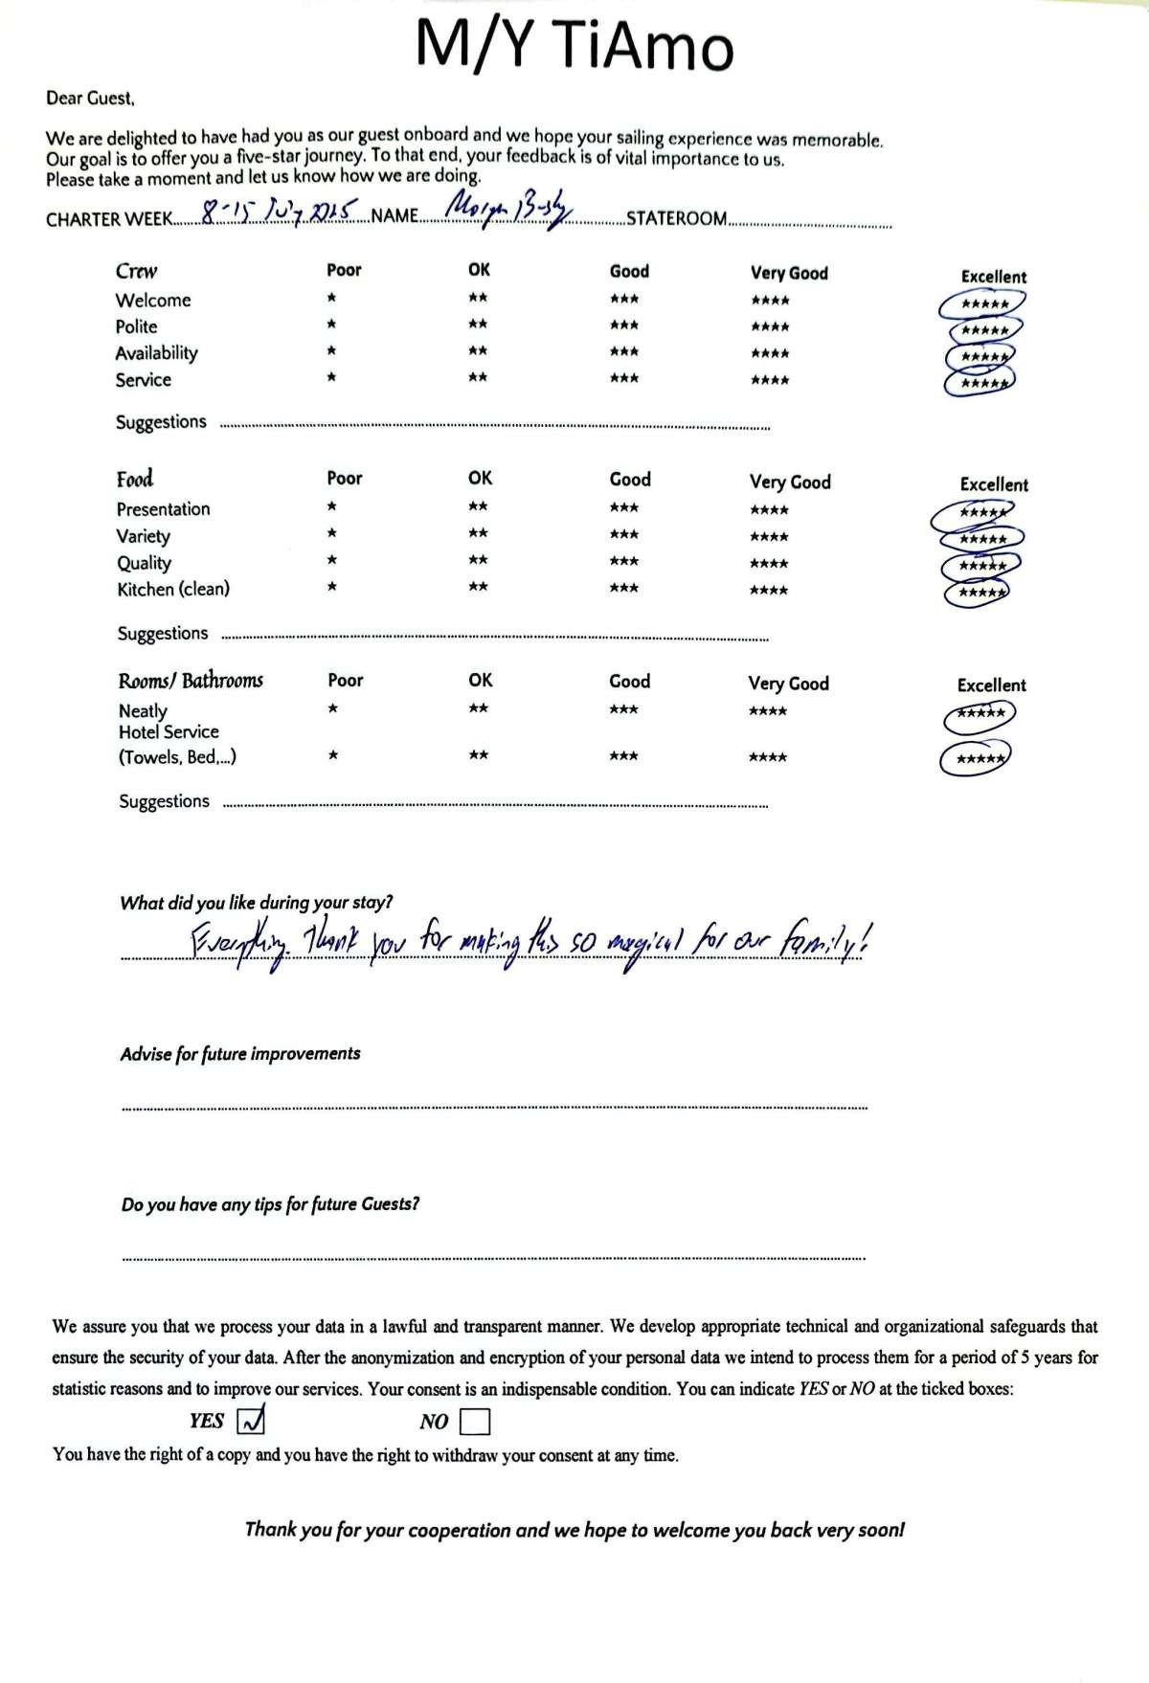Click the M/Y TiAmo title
click(574, 45)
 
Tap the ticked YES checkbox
click(250, 1421)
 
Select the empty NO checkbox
click(474, 1422)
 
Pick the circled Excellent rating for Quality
click(981, 566)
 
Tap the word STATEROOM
click(676, 218)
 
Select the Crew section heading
click(137, 271)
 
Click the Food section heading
click(135, 479)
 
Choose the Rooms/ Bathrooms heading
click(191, 681)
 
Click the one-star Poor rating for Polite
click(331, 325)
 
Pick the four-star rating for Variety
click(769, 537)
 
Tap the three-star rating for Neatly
click(623, 709)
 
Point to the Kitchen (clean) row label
click(173, 589)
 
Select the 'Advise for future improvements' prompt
click(240, 1054)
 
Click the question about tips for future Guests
click(270, 1204)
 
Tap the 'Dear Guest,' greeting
click(90, 98)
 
